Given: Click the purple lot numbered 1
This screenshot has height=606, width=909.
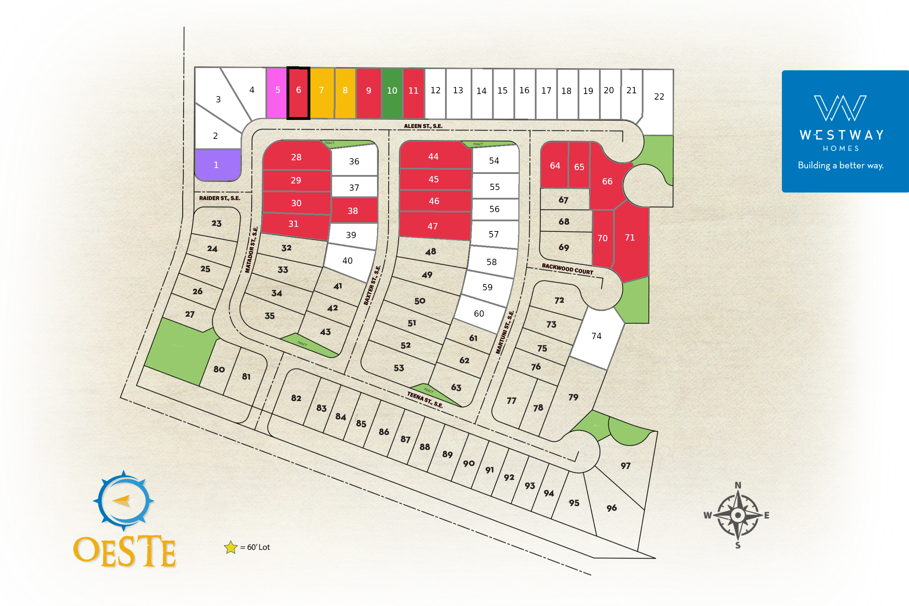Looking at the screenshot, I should click(x=217, y=165).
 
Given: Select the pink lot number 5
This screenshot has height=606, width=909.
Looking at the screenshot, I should click(x=277, y=93).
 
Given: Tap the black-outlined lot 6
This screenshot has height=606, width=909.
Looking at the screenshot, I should click(x=298, y=93).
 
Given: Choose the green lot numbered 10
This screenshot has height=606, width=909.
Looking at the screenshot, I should click(x=392, y=93).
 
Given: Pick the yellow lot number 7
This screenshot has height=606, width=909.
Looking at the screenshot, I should click(x=322, y=93).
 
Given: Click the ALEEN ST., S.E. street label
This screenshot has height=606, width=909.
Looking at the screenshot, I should click(x=423, y=126).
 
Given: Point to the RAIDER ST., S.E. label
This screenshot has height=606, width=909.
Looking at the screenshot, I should click(x=220, y=198).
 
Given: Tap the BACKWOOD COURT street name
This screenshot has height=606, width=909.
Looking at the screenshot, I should click(x=567, y=269).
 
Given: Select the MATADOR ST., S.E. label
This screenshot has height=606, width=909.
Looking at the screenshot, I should click(x=251, y=250).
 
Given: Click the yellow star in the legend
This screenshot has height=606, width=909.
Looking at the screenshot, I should click(x=231, y=547).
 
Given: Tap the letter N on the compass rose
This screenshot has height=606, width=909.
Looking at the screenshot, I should click(x=738, y=485).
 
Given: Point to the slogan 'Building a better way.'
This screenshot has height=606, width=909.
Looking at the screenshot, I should click(x=841, y=166).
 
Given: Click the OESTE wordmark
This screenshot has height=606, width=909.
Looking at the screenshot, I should click(x=124, y=551).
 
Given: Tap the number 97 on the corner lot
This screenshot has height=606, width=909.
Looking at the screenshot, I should click(x=625, y=466).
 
